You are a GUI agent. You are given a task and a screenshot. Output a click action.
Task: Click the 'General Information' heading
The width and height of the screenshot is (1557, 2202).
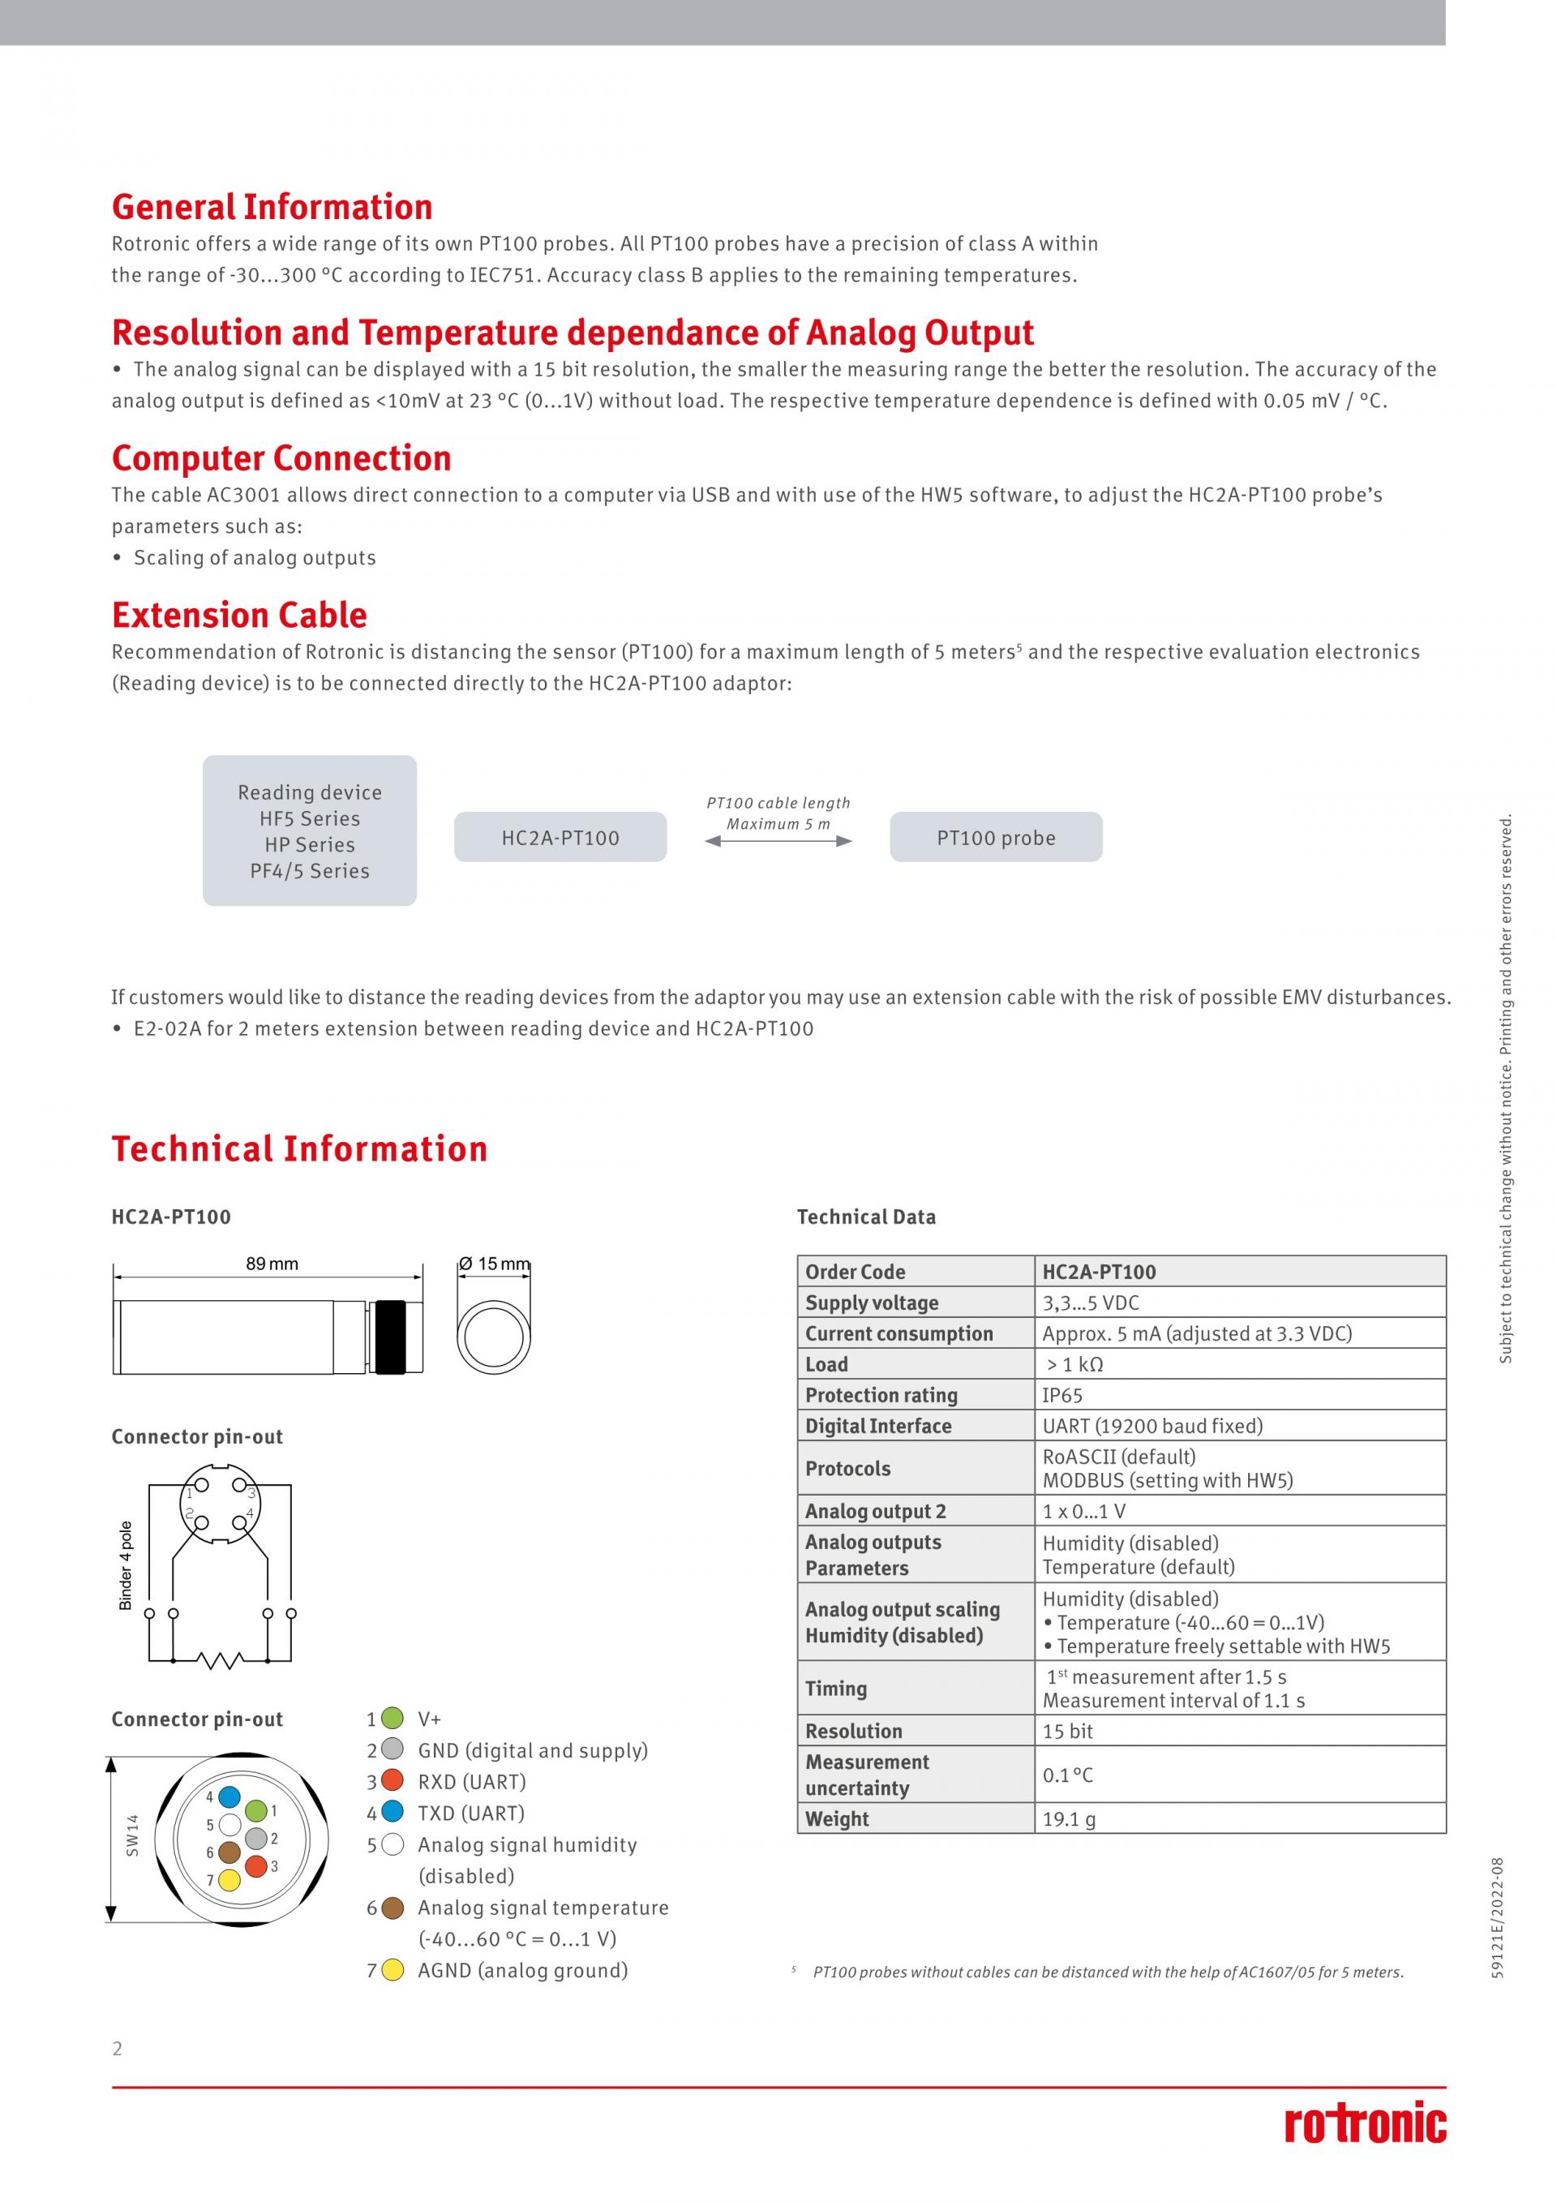pos(272,207)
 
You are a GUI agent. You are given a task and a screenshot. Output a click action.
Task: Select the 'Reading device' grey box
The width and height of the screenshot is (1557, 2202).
pos(310,831)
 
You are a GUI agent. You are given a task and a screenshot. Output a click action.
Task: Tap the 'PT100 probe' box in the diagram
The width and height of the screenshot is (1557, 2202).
pos(995,837)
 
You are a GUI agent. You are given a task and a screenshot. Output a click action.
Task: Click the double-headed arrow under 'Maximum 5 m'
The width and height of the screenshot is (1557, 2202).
pos(778,841)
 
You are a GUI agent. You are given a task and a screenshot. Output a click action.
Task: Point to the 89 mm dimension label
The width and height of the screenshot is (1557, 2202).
pos(272,1264)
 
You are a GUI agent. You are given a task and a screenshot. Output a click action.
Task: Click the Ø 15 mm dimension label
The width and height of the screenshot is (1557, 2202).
pos(494,1264)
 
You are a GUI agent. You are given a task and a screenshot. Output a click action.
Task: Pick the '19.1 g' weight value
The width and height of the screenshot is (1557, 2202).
pos(1069,1818)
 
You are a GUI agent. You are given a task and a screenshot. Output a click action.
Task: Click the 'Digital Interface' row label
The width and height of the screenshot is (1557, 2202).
pos(878,1426)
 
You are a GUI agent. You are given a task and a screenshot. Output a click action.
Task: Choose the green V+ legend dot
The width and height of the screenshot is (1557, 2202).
pos(392,1718)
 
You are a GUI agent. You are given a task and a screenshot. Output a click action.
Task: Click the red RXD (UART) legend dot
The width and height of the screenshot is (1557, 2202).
pos(392,1781)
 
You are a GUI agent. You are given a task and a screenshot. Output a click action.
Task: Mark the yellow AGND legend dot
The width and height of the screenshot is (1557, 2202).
pos(392,1970)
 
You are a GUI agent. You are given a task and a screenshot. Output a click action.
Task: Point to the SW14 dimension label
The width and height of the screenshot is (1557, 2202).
pos(132,1835)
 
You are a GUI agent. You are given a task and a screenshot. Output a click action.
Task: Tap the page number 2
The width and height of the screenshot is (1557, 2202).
pos(118,2049)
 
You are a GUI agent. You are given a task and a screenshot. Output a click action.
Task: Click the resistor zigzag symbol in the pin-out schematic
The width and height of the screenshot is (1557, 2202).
pos(220,1659)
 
